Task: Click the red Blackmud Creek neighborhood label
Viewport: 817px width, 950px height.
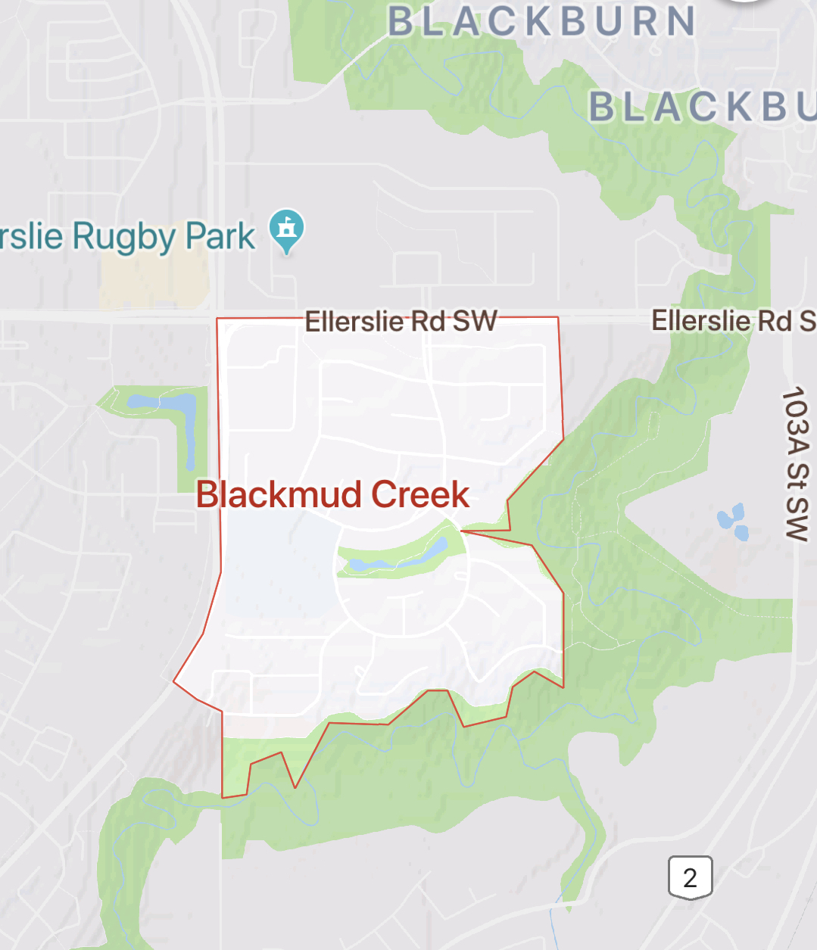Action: pos(332,494)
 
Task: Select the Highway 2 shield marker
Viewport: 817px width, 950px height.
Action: pos(690,877)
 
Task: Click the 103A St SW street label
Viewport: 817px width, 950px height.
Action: pos(796,463)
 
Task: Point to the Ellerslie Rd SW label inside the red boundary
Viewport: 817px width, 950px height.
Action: pos(401,321)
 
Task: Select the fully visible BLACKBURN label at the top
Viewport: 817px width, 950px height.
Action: pos(542,21)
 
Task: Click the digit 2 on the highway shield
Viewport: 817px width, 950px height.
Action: pos(690,878)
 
